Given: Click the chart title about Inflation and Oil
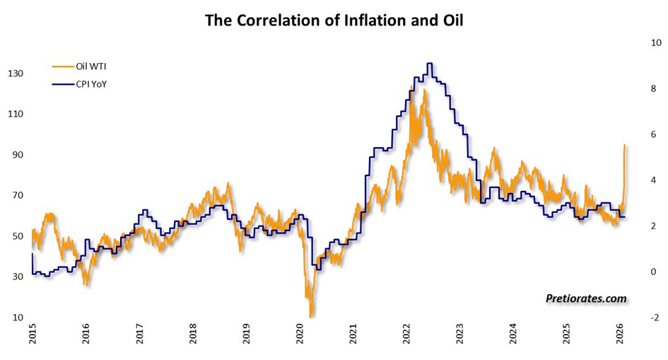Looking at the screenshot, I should [x=334, y=20].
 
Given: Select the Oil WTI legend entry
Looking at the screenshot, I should [x=91, y=67].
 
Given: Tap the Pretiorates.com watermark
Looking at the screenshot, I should [x=586, y=298].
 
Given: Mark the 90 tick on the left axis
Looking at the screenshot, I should [x=17, y=155].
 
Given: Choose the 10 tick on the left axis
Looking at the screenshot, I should [x=17, y=317].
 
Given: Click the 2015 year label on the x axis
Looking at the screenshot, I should [x=33, y=335].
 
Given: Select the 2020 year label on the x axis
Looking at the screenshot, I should [x=299, y=335].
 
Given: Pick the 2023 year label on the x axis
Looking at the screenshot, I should [x=459, y=335].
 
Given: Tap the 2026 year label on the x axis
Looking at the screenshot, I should [x=619, y=335].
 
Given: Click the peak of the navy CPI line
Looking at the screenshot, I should [x=429, y=64].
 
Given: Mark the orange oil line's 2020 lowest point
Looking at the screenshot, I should [x=311, y=315].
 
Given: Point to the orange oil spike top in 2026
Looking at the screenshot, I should [x=625, y=145].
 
